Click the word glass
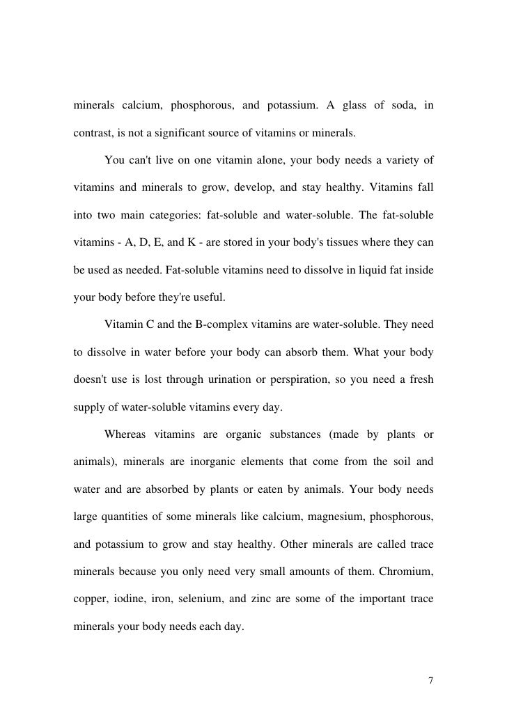click(x=351, y=106)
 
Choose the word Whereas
click(x=126, y=435)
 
